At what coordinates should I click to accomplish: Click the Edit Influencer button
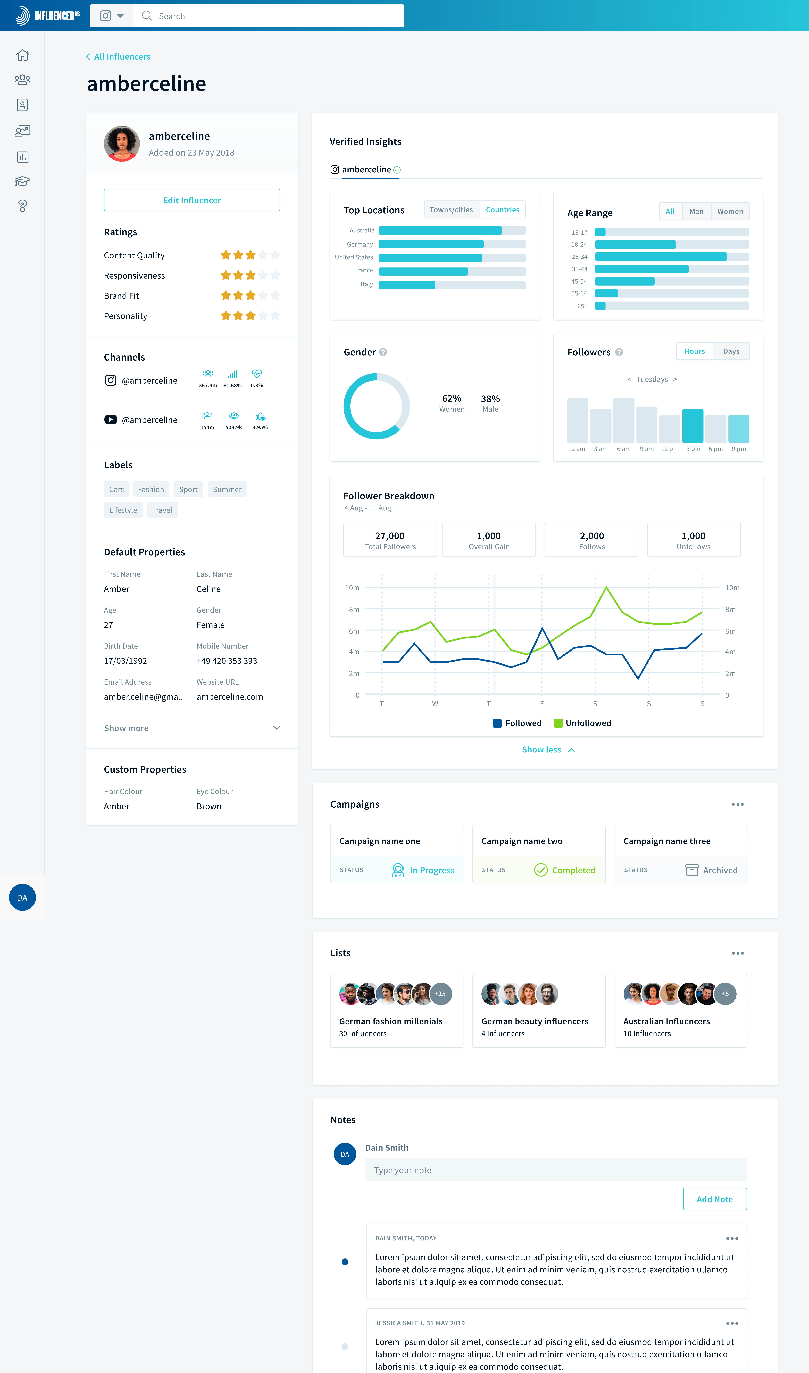pyautogui.click(x=192, y=200)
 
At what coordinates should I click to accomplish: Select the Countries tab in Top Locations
pyautogui.click(x=502, y=210)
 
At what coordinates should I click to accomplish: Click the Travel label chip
pyautogui.click(x=162, y=510)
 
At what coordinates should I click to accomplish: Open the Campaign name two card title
pyautogui.click(x=522, y=841)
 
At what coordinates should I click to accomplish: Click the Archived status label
pyautogui.click(x=720, y=870)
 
